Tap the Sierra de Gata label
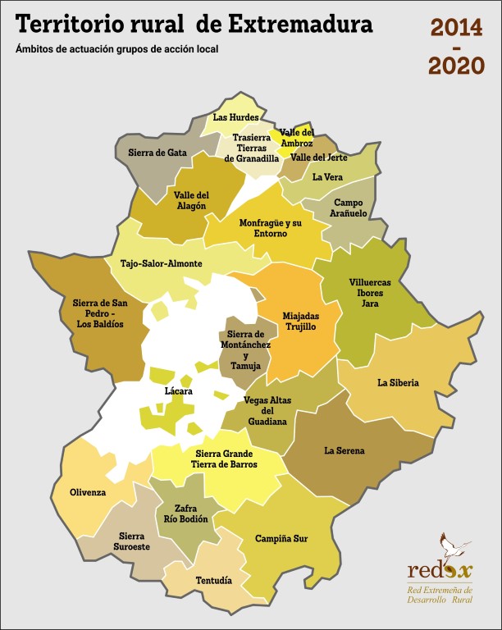tap(157, 153)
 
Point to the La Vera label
tap(326, 176)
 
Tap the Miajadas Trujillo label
tap(300, 321)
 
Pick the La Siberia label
tap(398, 383)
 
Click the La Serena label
tap(345, 450)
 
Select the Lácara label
tap(178, 392)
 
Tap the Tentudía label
tap(213, 581)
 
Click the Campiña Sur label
tap(281, 539)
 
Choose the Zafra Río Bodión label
tap(185, 514)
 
